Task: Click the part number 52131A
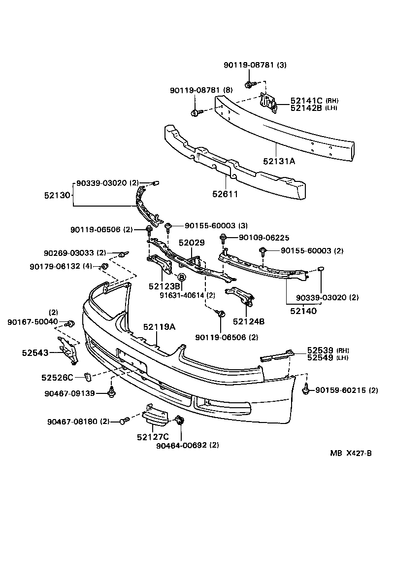click(279, 161)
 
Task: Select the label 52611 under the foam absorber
click(225, 194)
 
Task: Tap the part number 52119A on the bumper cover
click(160, 326)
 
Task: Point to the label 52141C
click(306, 100)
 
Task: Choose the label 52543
click(34, 352)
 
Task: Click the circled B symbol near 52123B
click(181, 278)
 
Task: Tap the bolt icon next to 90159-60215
click(306, 389)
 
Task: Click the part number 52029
click(191, 243)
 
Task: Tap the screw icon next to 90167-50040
click(70, 323)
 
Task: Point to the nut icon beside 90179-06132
click(104, 267)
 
